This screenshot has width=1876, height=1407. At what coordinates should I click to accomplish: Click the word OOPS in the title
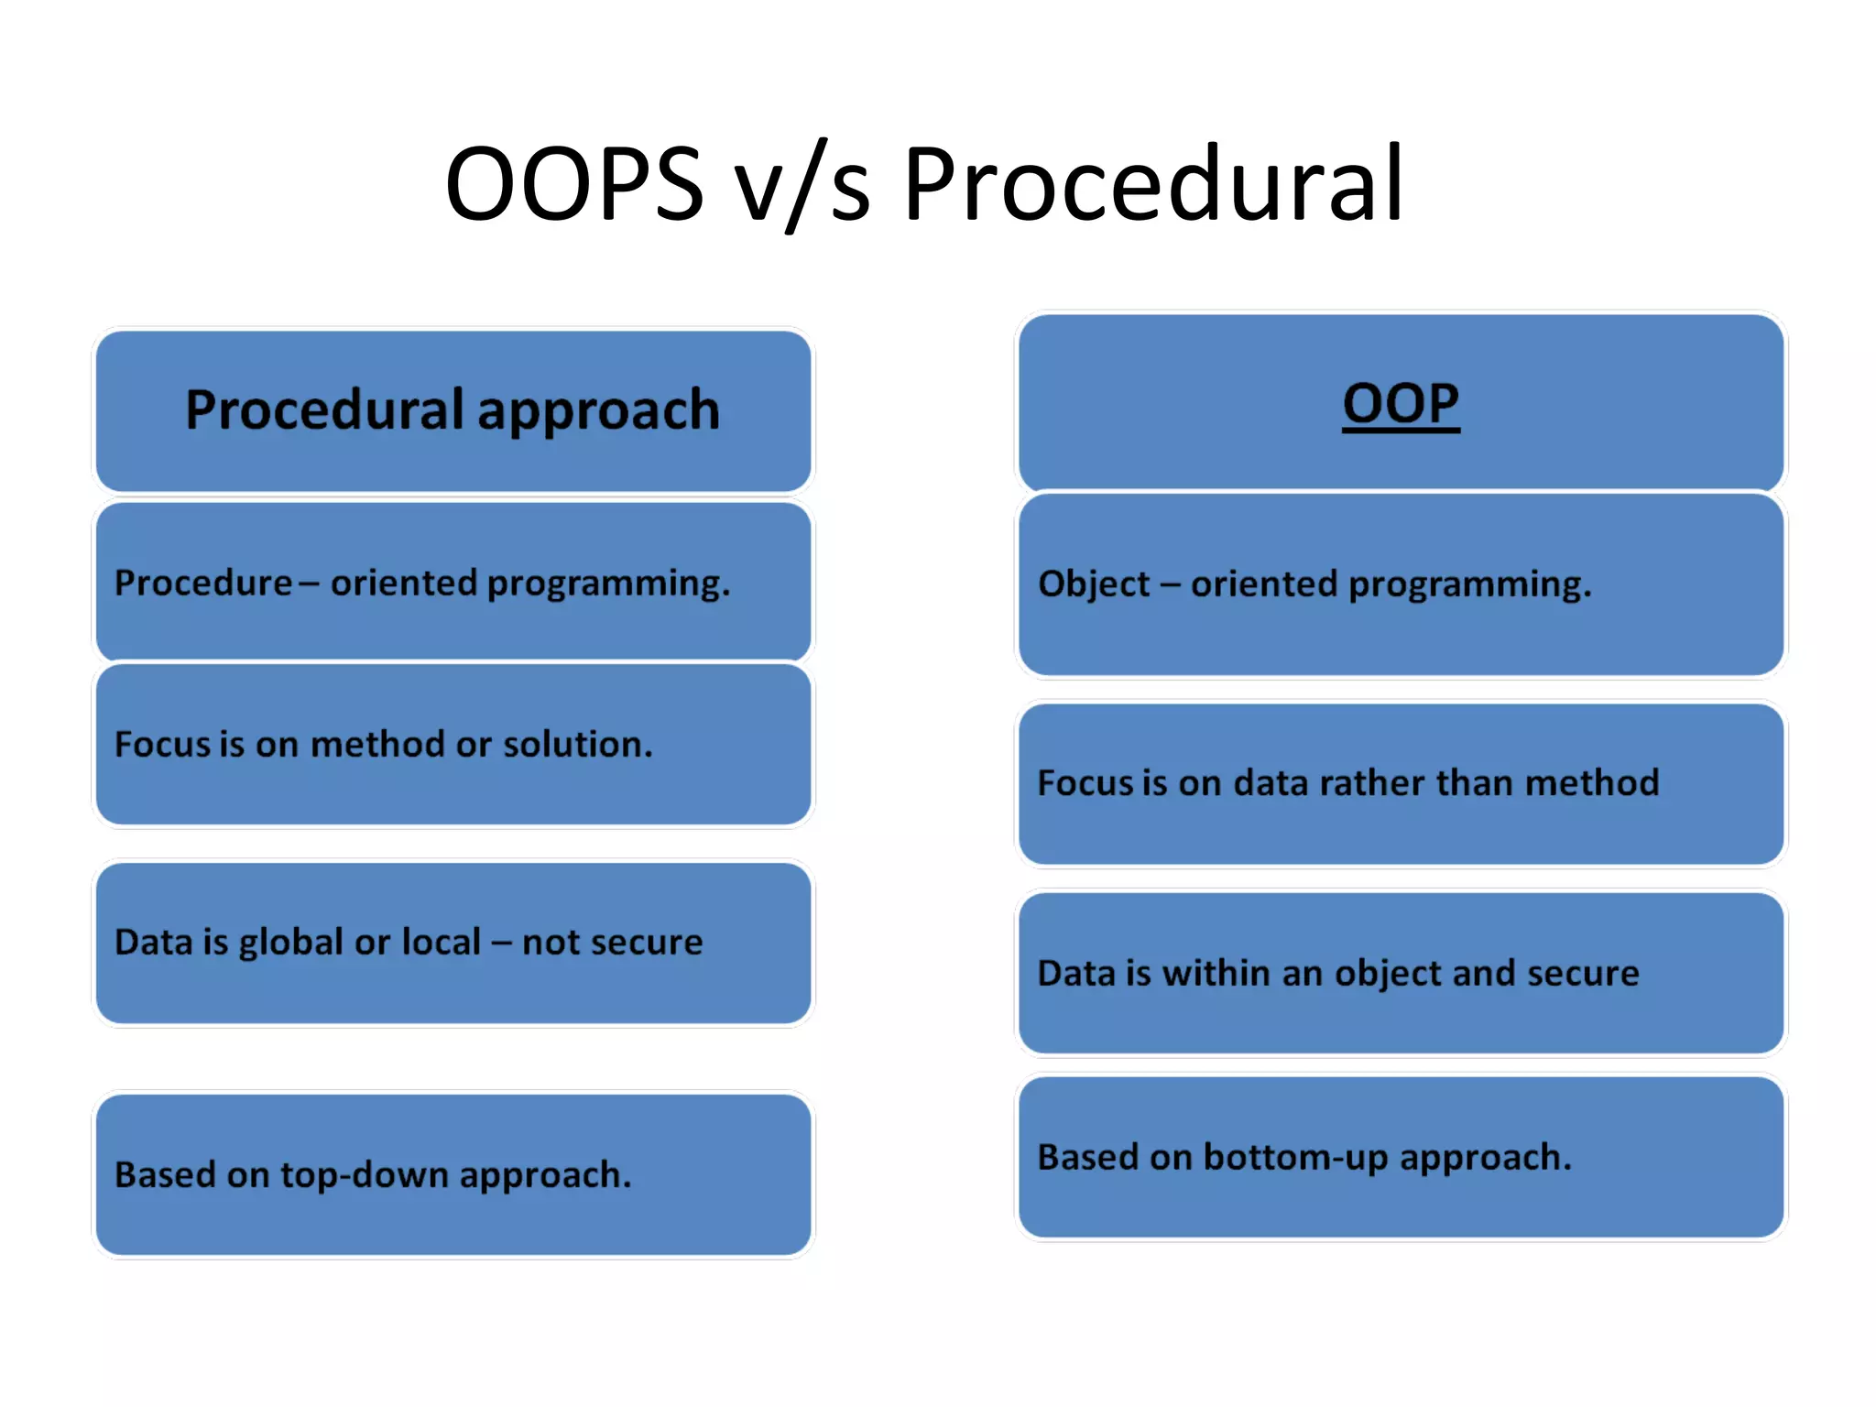pos(574,183)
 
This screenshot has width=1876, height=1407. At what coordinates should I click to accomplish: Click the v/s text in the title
pos(802,185)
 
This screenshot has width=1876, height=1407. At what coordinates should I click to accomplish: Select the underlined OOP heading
pos(1400,404)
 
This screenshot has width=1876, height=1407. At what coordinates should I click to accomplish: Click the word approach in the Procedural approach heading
pos(598,411)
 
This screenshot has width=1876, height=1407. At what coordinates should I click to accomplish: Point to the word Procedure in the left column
pos(203,583)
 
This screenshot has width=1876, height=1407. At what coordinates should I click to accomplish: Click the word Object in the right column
pos(1094,584)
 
